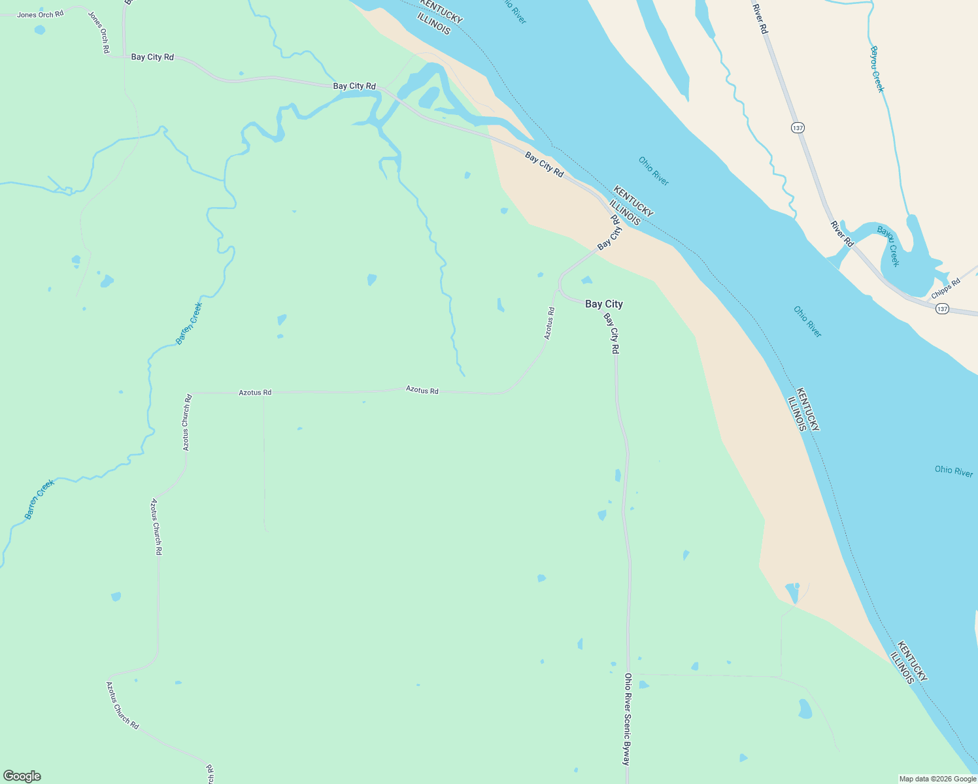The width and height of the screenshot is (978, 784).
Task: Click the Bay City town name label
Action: (x=603, y=304)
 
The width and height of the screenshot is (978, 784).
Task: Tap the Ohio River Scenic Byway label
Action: (x=627, y=719)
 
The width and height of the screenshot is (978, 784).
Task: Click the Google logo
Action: (x=22, y=776)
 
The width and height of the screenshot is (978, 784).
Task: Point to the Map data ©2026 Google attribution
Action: (x=937, y=779)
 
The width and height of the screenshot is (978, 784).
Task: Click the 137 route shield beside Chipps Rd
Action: (x=941, y=308)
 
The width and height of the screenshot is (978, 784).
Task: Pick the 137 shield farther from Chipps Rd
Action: (x=798, y=127)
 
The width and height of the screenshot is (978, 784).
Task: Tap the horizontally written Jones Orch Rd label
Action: (x=40, y=14)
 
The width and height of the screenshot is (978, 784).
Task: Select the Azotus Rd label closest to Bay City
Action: (x=549, y=323)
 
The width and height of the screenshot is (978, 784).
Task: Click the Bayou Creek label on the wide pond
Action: (x=888, y=246)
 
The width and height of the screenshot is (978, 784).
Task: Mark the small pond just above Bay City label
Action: (x=586, y=280)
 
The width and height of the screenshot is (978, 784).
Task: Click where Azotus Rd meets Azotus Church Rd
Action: (x=190, y=393)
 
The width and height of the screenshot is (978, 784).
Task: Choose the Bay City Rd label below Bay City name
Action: (x=611, y=333)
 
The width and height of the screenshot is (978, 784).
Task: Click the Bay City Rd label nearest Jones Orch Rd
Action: (x=152, y=57)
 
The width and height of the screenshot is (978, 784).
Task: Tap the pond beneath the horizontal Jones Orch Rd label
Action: (x=40, y=30)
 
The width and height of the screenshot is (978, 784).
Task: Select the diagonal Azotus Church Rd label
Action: (x=122, y=706)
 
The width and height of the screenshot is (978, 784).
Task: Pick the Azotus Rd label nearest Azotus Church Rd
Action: (x=254, y=393)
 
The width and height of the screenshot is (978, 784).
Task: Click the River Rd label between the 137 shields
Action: (x=842, y=234)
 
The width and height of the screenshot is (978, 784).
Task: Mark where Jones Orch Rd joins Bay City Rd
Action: (x=124, y=57)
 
